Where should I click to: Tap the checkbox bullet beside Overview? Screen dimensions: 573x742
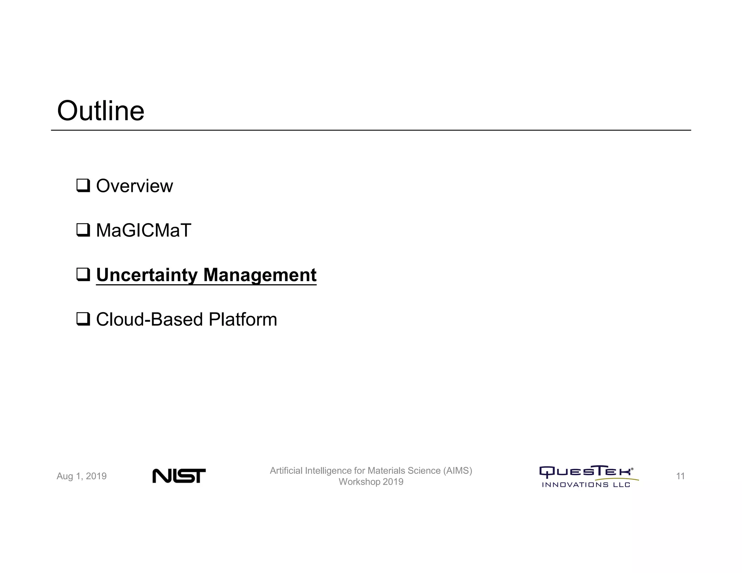pyautogui.click(x=83, y=186)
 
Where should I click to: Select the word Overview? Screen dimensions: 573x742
pyautogui.click(x=134, y=186)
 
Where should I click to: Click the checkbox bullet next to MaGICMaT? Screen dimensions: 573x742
pyautogui.click(x=83, y=230)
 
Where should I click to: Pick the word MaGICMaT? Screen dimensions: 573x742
pyautogui.click(x=143, y=230)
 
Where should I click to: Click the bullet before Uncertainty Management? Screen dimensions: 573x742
pyautogui.click(x=83, y=275)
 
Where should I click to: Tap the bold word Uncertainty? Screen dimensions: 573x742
pyautogui.click(x=146, y=275)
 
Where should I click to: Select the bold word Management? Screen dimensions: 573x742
pyautogui.click(x=260, y=275)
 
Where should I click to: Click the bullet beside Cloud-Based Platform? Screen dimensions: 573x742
pyautogui.click(x=83, y=319)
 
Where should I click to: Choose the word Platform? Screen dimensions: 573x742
pyautogui.click(x=243, y=319)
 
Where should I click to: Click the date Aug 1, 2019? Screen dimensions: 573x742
pyautogui.click(x=82, y=476)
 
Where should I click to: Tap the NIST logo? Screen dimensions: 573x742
pyautogui.click(x=179, y=476)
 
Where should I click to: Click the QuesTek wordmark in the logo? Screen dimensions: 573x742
pyautogui.click(x=586, y=472)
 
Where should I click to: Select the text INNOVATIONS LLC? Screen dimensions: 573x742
pyautogui.click(x=586, y=485)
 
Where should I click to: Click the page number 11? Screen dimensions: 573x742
pyautogui.click(x=680, y=476)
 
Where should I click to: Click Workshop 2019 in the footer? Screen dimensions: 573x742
pyautogui.click(x=371, y=482)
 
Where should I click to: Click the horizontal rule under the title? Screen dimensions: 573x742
pyautogui.click(x=371, y=130)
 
